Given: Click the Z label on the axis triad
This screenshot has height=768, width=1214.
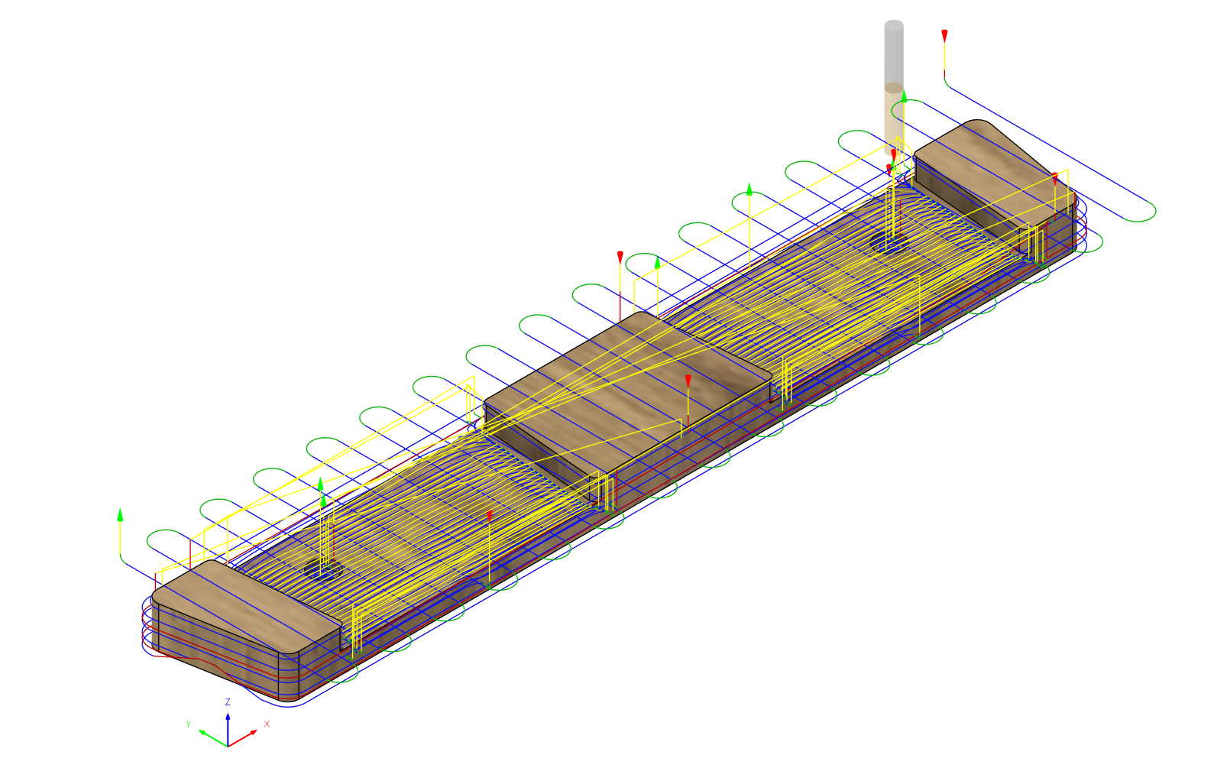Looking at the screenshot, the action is pos(228,702).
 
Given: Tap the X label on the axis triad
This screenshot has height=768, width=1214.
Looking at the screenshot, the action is pos(267,724).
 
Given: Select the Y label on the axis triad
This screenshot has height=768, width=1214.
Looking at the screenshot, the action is pos(189,724).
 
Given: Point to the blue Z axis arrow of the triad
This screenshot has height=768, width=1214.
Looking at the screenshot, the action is pos(228,730).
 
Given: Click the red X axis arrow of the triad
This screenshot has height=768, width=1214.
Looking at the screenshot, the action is pos(242,739).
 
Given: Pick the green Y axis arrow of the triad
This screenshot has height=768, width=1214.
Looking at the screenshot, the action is pos(213,738).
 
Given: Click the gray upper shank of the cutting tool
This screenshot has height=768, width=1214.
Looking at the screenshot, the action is pos(894,53).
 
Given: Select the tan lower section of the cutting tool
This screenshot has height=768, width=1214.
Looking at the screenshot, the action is pos(894,116).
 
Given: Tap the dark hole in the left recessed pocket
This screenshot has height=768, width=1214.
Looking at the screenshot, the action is pos(323,569).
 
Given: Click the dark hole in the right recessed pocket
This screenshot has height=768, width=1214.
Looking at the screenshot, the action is pos(889,242).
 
